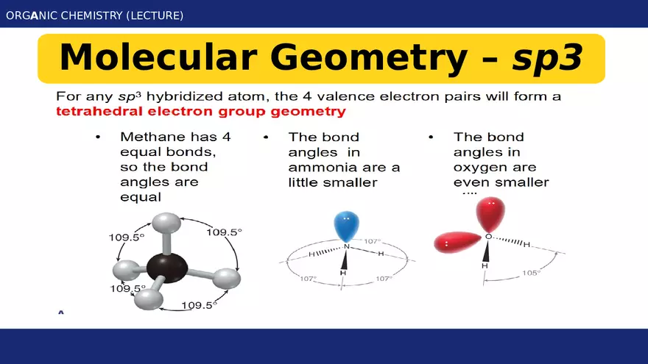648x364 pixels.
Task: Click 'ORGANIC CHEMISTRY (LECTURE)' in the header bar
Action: point(94,15)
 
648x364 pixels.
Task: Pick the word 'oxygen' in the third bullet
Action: point(479,167)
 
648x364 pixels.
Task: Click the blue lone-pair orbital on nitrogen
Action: point(345,224)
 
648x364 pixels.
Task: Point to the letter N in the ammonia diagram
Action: point(346,246)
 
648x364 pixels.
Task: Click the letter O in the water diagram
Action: point(487,237)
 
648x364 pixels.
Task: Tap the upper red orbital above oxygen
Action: point(490,213)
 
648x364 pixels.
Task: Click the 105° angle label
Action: point(531,273)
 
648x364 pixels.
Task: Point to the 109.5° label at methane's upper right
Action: point(224,232)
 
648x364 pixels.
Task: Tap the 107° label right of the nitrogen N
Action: point(372,241)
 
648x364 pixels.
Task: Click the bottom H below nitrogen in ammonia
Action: point(343,273)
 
